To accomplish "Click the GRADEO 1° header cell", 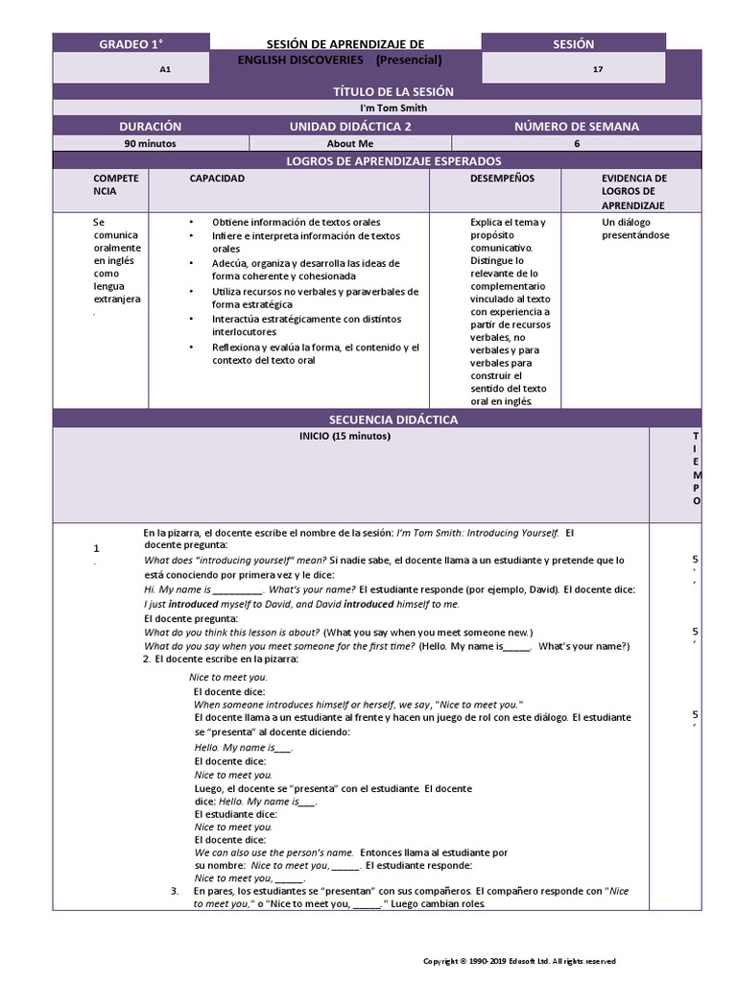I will click(131, 43).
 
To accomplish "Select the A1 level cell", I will click(165, 69).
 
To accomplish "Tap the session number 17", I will click(598, 69).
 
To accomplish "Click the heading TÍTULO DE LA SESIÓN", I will click(378, 91).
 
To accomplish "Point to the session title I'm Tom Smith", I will click(379, 108).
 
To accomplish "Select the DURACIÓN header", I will click(150, 126).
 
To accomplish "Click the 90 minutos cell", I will click(150, 143).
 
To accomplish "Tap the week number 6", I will click(577, 143).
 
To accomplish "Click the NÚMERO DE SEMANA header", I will click(576, 126).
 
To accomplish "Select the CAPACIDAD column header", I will click(217, 179).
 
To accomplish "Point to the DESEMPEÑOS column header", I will click(502, 179).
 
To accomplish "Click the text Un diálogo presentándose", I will click(635, 228).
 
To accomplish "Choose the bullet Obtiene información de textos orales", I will click(296, 222).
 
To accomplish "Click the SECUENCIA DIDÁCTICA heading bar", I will click(378, 420).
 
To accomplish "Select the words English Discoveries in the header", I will click(299, 60).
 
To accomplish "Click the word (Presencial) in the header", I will click(408, 60).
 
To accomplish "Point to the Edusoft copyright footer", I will click(519, 960).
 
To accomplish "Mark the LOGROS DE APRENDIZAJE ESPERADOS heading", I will click(378, 161).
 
